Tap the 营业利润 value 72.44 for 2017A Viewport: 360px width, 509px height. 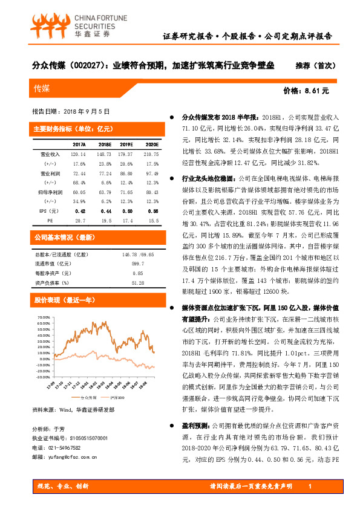pos(79,173)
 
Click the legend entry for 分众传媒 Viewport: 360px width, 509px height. pos(81,397)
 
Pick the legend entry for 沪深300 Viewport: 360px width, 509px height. pos(116,397)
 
